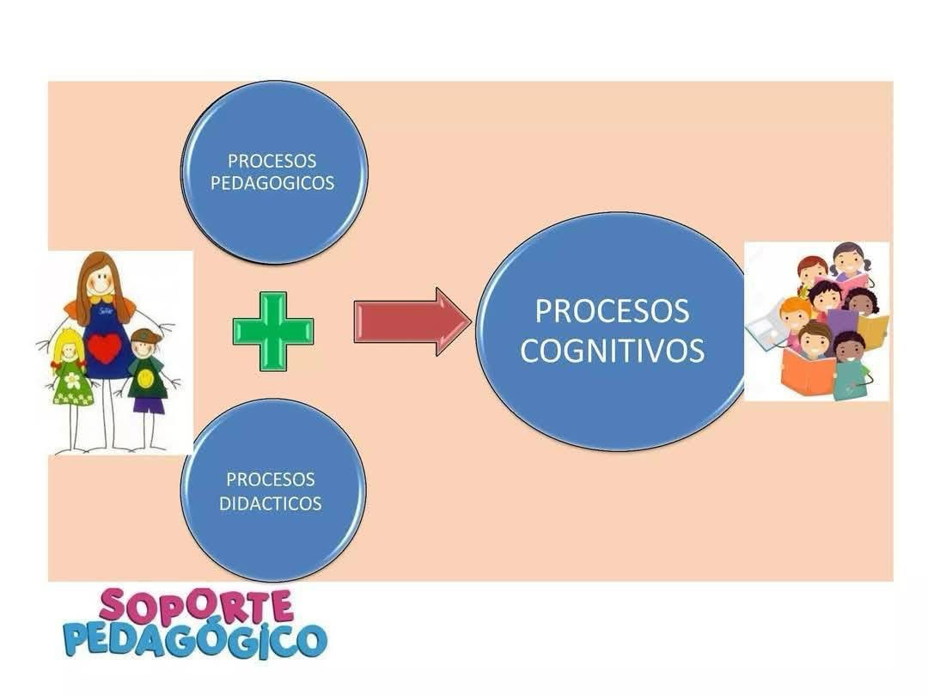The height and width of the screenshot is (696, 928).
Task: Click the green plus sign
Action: [273, 332]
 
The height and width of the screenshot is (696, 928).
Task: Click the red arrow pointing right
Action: [412, 321]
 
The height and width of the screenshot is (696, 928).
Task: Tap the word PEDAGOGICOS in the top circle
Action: [272, 184]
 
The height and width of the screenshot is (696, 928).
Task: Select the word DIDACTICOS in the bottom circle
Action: [271, 504]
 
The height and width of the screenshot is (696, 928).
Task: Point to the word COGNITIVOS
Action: [613, 350]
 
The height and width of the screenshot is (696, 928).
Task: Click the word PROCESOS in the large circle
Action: [613, 311]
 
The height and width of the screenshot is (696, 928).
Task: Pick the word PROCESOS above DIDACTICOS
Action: [271, 479]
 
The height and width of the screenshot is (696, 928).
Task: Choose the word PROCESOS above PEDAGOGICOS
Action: [272, 161]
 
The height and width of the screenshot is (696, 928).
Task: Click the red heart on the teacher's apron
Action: [105, 348]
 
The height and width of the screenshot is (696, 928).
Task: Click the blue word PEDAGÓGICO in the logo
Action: [195, 639]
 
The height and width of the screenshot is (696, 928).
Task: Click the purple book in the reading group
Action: [841, 322]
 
